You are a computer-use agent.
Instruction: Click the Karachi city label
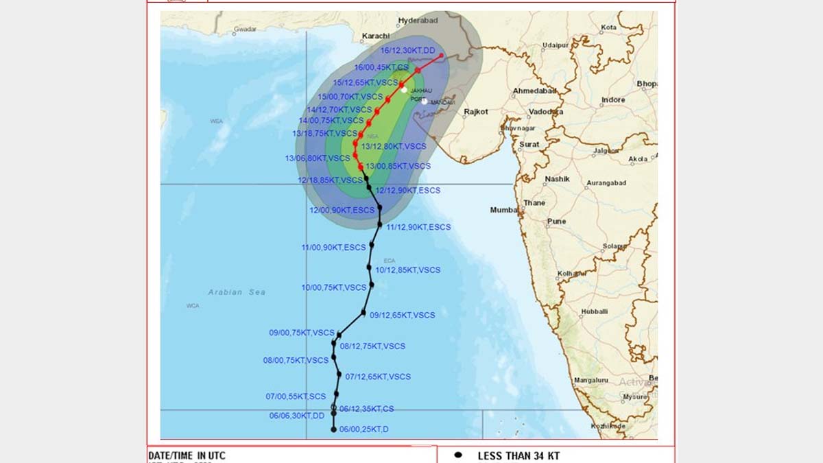[x=375, y=36]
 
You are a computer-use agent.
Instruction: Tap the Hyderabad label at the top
[x=418, y=21]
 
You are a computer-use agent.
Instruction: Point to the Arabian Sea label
[x=237, y=292]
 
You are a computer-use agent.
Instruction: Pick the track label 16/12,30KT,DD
[x=408, y=50]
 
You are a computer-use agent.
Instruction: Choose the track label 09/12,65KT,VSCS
[x=403, y=316]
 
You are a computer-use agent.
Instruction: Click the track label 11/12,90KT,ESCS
[x=418, y=227]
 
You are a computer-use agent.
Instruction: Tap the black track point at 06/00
[x=334, y=429]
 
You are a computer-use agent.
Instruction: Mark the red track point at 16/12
[x=442, y=56]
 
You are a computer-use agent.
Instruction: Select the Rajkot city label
[x=476, y=111]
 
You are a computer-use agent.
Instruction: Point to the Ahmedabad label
[x=535, y=91]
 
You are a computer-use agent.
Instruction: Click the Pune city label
[x=556, y=222]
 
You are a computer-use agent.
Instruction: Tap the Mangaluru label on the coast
[x=591, y=380]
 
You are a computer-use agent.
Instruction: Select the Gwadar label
[x=245, y=29]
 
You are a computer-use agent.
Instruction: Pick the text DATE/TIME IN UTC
[x=187, y=455]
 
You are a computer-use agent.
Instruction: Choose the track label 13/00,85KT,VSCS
[x=398, y=166]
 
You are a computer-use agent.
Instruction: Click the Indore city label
[x=613, y=100]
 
